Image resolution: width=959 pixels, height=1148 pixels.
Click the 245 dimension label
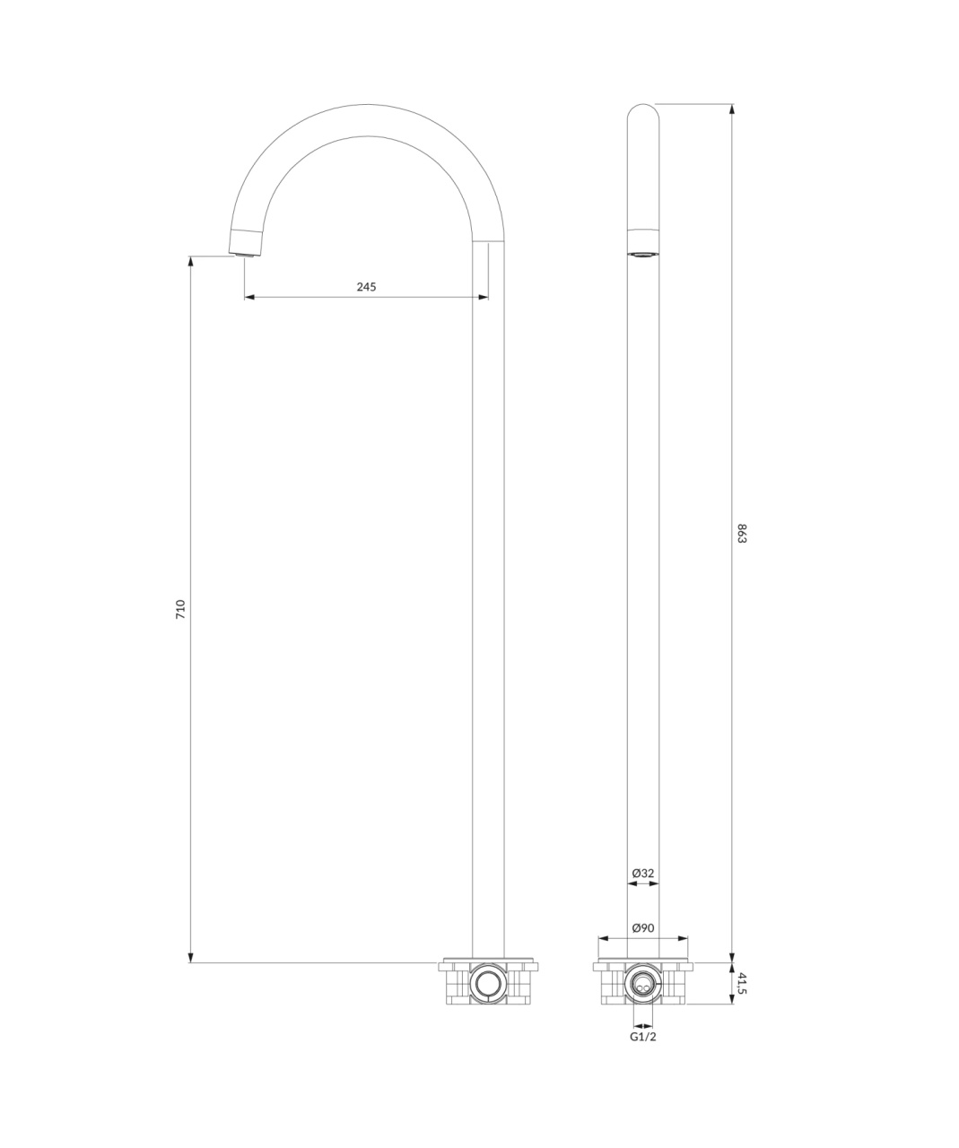click(x=366, y=286)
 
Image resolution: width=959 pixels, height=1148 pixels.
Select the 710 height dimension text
click(x=180, y=610)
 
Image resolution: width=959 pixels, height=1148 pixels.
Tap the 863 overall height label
click(x=742, y=534)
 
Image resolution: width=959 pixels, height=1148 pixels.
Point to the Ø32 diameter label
click(x=643, y=873)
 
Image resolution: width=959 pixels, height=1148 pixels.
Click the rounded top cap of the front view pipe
click(x=643, y=110)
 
